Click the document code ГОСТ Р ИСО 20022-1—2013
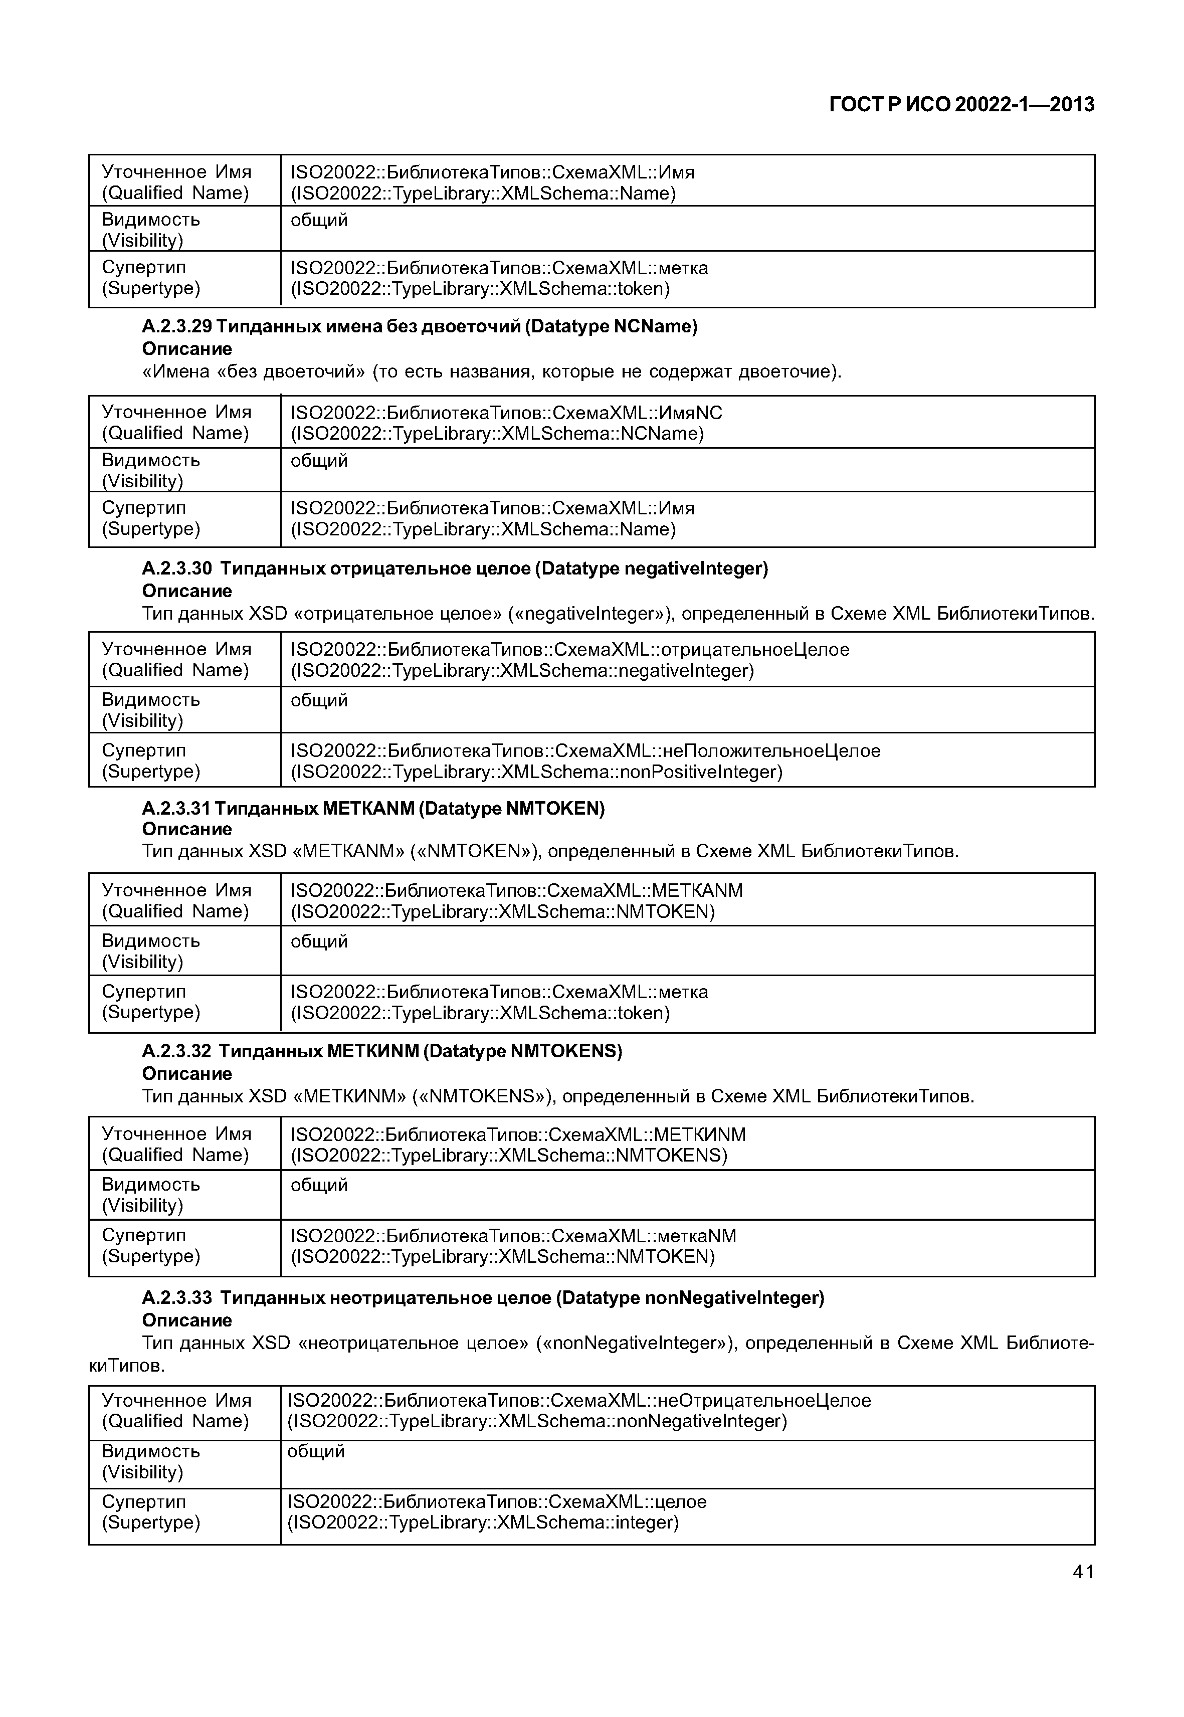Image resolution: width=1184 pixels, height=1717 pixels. pyautogui.click(x=961, y=105)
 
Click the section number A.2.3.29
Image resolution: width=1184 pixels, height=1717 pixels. pyautogui.click(x=176, y=326)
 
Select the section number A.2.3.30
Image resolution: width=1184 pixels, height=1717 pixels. pyautogui.click(x=176, y=568)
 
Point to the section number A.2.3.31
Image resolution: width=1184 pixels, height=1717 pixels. pyautogui.click(x=176, y=808)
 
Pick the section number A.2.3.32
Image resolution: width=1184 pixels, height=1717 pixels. pyautogui.click(x=176, y=1051)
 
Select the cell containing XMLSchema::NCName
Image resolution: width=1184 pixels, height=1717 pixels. pyautogui.click(x=687, y=422)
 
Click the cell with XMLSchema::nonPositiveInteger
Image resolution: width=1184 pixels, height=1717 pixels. pyautogui.click(x=687, y=760)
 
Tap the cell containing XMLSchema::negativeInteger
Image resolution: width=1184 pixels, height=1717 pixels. pyautogui.click(x=687, y=660)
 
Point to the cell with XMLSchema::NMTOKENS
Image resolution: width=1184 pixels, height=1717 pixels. pyautogui.click(x=687, y=1144)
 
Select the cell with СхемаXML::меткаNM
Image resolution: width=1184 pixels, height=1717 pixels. pyautogui.click(x=687, y=1246)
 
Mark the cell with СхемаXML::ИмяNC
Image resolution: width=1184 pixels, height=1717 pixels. pyautogui.click(x=687, y=422)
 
